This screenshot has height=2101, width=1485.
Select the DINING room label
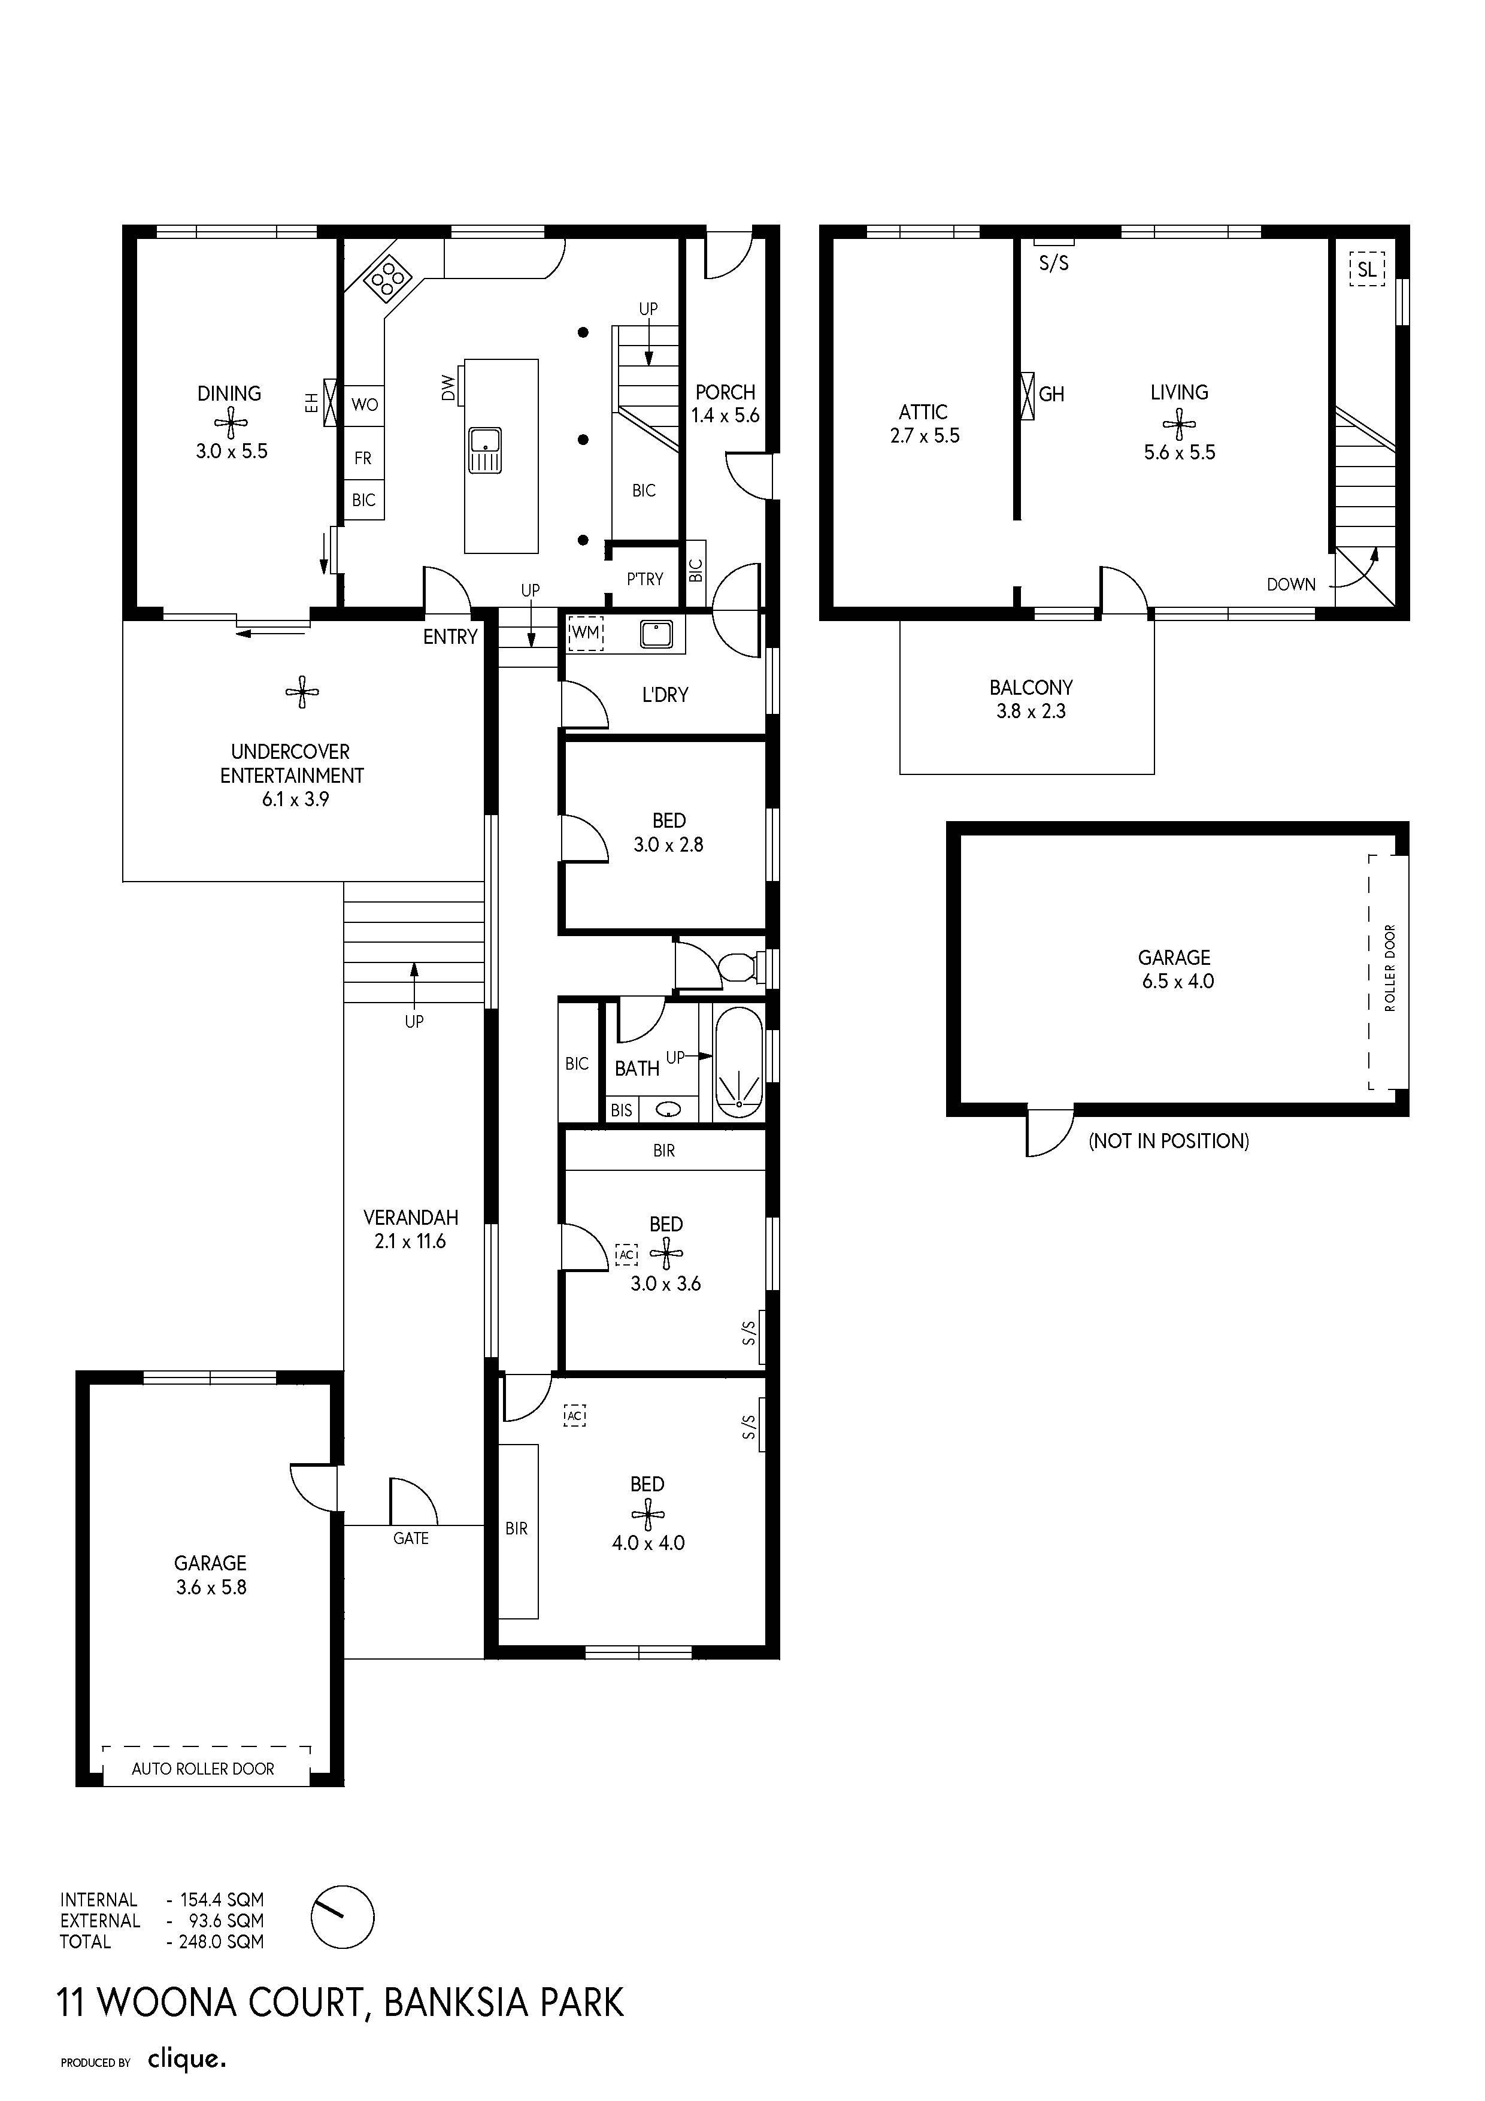coord(230,393)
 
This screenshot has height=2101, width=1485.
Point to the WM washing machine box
coord(586,632)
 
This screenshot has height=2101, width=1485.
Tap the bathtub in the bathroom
coord(738,1062)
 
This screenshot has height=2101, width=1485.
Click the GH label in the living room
coord(1051,395)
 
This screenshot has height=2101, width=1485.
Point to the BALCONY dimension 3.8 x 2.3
coord(1031,711)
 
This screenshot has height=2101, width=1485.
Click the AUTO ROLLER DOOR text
coord(203,1769)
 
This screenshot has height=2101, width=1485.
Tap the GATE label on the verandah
coord(411,1538)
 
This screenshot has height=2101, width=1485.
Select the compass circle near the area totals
coord(342,1917)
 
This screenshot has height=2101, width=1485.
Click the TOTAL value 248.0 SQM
coord(222,1942)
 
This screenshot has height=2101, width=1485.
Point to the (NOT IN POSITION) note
coord(1168,1140)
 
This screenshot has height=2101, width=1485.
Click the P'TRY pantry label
coord(645,579)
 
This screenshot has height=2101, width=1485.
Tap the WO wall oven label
coord(364,404)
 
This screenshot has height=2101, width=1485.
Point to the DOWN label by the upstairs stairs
coord(1291,585)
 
